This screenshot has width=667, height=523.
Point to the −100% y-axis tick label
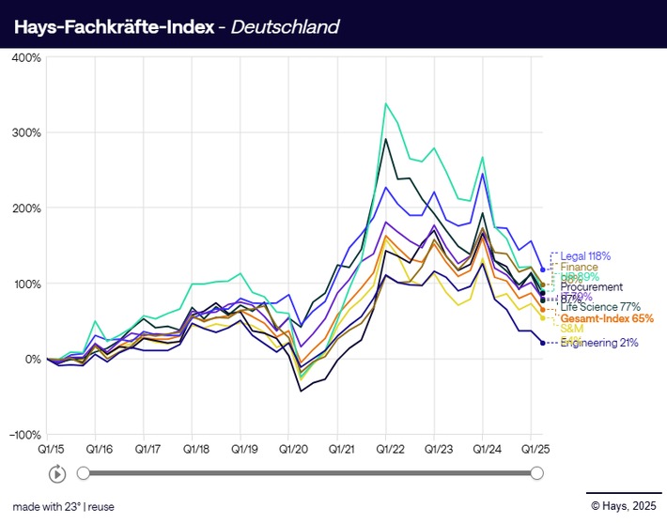[x=23, y=436]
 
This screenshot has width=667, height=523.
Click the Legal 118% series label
[x=585, y=255]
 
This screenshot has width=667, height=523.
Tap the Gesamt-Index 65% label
[x=607, y=318]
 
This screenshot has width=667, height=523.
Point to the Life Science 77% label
[x=600, y=307]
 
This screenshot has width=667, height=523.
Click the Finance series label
[x=581, y=268]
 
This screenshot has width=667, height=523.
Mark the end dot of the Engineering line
[x=543, y=343]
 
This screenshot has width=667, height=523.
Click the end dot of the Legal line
[x=543, y=269]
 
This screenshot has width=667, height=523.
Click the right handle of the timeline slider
[x=536, y=473]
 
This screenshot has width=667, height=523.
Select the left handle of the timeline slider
[x=84, y=473]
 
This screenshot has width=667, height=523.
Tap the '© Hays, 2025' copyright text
[x=623, y=506]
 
